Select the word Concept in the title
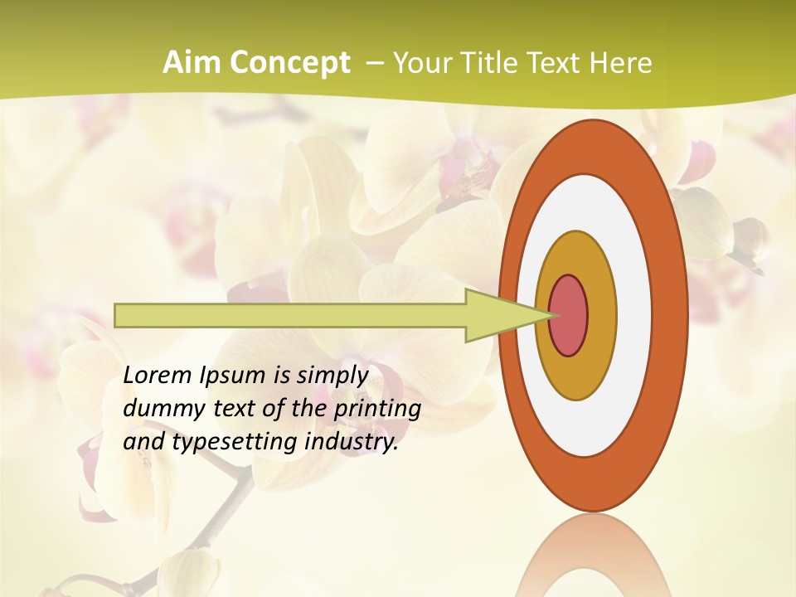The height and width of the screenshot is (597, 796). click(288, 63)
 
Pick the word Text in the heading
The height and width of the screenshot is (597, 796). click(556, 63)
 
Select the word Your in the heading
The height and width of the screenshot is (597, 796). click(420, 63)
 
